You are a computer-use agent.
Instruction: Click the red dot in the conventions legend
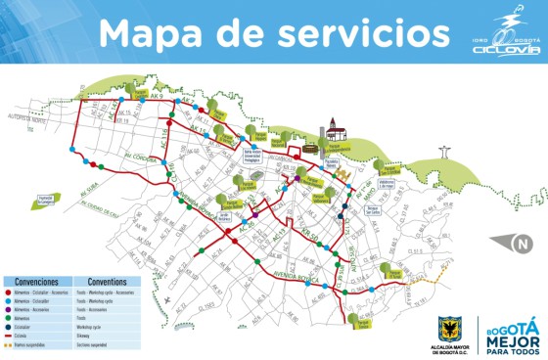[7, 292]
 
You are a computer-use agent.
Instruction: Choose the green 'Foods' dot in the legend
[7, 319]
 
